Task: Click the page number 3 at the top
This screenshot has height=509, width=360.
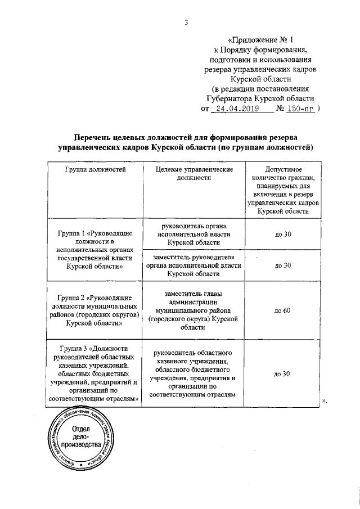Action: coord(185,22)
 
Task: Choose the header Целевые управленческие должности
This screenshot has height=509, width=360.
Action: coord(193,173)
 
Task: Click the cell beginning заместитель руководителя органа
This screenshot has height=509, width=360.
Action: coord(193,265)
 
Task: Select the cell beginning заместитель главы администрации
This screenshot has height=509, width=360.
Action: coord(193,310)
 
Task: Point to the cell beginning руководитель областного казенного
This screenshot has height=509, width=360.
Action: coord(193,374)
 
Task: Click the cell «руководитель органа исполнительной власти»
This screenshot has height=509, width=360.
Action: coord(193,234)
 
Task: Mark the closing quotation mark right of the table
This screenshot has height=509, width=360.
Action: coord(324,400)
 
